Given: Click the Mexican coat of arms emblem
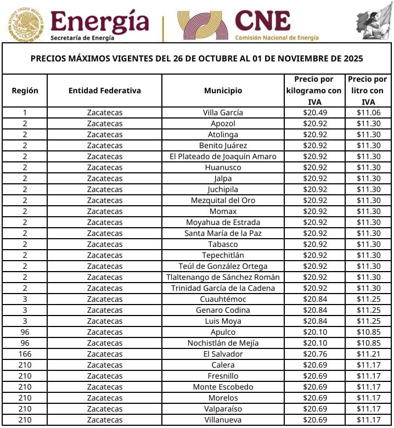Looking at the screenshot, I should click(25, 24).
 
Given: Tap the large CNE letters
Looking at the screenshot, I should click(262, 21).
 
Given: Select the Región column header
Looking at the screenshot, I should click(25, 91).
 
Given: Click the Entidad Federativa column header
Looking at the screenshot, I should click(104, 91).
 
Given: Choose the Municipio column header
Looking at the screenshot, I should click(223, 91).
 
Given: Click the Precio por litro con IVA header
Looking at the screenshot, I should click(368, 91).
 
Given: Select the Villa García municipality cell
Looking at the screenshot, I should click(223, 112).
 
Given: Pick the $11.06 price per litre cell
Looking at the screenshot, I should click(368, 112).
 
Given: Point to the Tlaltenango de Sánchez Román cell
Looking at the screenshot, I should click(223, 277).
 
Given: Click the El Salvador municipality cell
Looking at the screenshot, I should click(223, 354).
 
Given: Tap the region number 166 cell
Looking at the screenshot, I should click(25, 354).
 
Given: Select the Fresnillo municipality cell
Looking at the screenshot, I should click(223, 376).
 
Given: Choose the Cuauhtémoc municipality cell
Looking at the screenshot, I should click(223, 299).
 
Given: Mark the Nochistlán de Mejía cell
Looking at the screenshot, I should click(223, 343).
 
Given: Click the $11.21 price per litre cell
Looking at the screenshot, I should click(368, 354).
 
